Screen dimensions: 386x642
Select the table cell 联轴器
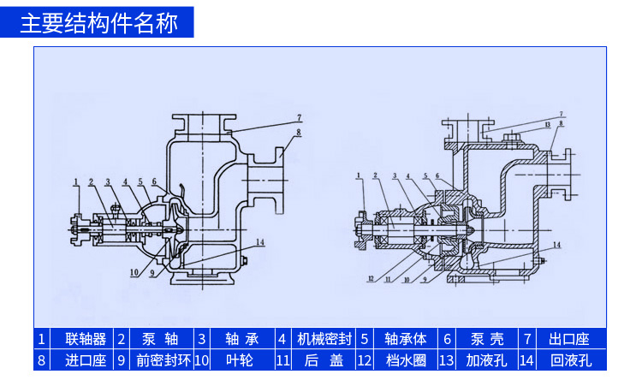coord(86,338)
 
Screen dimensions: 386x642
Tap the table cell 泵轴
coord(158,338)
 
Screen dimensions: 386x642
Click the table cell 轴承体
coord(405,338)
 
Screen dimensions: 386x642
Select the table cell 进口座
coord(86,360)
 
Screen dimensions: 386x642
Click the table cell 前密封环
coord(163,360)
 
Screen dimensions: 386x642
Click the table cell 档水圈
coord(405,360)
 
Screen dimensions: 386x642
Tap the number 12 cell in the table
coord(365,360)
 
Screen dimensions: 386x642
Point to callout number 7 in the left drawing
coord(300,116)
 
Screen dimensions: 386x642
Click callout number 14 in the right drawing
coord(556,246)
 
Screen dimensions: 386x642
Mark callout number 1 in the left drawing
coord(76,181)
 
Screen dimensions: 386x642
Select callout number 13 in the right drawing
coord(545,125)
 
